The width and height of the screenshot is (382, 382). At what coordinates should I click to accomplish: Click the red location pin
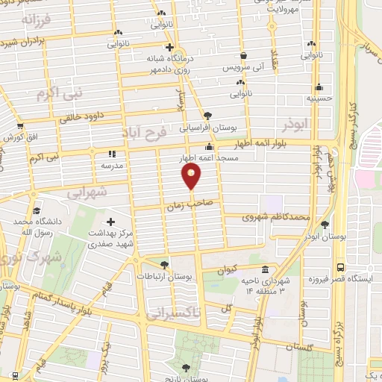coord(192,176)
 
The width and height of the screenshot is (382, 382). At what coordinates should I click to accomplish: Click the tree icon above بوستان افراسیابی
coord(207,116)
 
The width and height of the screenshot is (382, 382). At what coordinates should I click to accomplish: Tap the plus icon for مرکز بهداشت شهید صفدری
coord(110,222)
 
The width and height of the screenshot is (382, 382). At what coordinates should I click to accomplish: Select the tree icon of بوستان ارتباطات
coord(164,264)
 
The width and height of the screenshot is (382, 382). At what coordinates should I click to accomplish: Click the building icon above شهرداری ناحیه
coord(265,270)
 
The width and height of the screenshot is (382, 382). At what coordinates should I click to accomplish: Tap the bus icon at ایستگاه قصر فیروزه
coord(341,266)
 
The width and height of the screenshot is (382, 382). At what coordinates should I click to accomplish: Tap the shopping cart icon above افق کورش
coord(20,126)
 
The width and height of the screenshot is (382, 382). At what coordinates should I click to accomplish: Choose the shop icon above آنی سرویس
coord(243,55)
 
